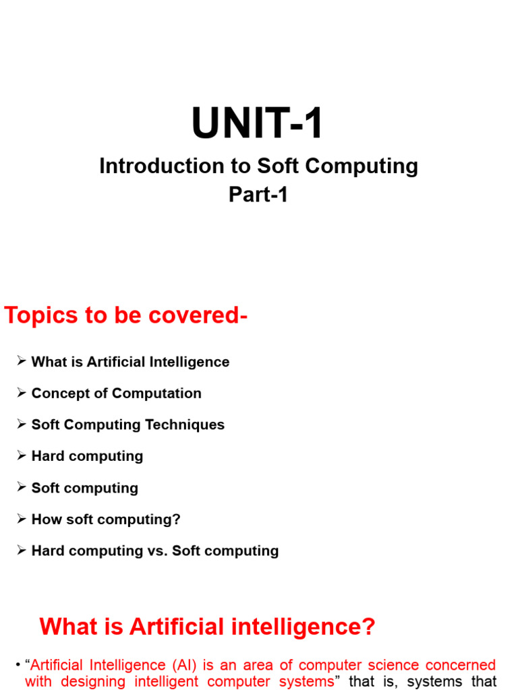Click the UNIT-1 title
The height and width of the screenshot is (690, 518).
click(258, 125)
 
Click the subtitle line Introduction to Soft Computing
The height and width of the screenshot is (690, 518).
click(258, 166)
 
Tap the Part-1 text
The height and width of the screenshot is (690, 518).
click(258, 195)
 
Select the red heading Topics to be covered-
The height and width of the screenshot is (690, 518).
click(126, 315)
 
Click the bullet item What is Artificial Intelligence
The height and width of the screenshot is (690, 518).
click(130, 362)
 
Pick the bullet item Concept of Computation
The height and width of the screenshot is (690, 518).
click(116, 394)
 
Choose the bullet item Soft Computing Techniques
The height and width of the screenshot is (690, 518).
click(127, 425)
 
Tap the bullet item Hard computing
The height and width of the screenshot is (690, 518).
click(87, 456)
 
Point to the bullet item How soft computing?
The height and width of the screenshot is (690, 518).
click(106, 520)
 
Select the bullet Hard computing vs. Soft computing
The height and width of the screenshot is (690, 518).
click(154, 551)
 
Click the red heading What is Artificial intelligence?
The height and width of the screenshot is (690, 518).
click(207, 627)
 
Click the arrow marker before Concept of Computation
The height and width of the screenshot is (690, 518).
click(22, 394)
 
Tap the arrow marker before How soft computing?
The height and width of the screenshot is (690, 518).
click(22, 520)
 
